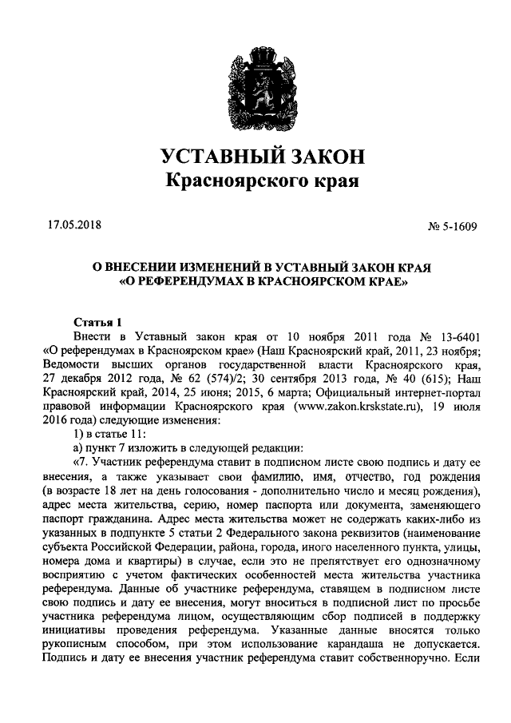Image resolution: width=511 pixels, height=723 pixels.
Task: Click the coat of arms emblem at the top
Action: tap(255, 87)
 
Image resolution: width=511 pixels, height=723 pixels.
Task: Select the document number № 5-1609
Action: tap(453, 226)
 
